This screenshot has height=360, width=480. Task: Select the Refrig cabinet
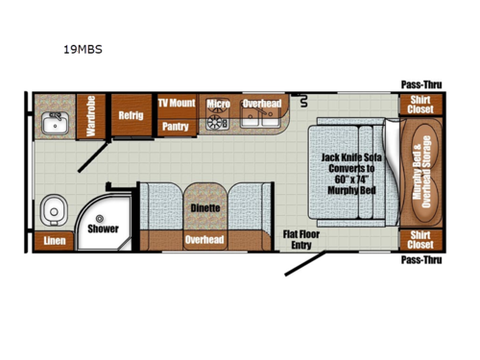tap(131, 115)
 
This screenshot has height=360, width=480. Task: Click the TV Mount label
tap(176, 103)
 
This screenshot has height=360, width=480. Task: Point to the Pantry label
tap(175, 125)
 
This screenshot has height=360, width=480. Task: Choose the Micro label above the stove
tap(218, 104)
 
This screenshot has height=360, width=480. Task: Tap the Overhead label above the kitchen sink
tap(261, 104)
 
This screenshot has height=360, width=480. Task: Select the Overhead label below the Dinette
tap(204, 239)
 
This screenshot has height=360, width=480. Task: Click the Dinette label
tap(204, 207)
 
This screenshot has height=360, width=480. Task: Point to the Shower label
tap(103, 229)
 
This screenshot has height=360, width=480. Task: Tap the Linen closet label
tap(54, 240)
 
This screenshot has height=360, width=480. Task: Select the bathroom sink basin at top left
tap(53, 124)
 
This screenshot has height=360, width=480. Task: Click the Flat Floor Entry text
tap(301, 239)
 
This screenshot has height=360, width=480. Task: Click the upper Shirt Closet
tap(420, 104)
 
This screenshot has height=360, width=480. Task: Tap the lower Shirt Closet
tap(420, 239)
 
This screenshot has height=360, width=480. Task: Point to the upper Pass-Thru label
tap(419, 84)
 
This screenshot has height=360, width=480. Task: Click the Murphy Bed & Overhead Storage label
tap(423, 171)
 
